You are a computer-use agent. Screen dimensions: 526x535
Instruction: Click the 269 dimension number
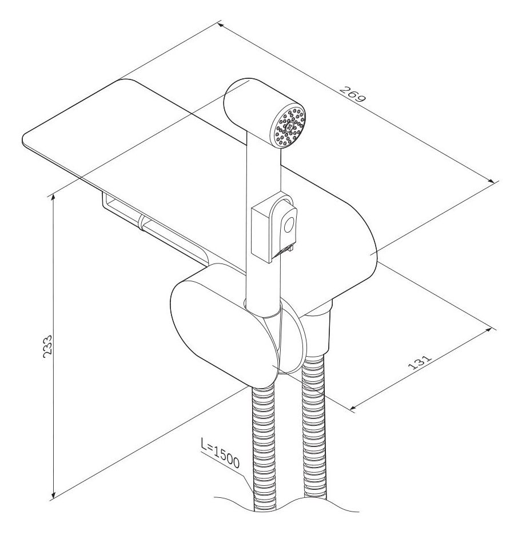pyautogui.click(x=353, y=94)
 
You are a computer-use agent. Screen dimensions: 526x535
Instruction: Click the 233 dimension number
pyautogui.click(x=47, y=346)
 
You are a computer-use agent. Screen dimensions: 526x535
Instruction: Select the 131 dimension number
pyautogui.click(x=420, y=362)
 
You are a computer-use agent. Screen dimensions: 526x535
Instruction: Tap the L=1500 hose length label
pyautogui.click(x=220, y=453)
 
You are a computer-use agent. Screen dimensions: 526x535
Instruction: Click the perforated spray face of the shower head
pyautogui.click(x=289, y=126)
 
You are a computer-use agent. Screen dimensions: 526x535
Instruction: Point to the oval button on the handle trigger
pyautogui.click(x=289, y=225)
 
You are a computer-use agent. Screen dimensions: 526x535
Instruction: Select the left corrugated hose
pyautogui.click(x=264, y=447)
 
